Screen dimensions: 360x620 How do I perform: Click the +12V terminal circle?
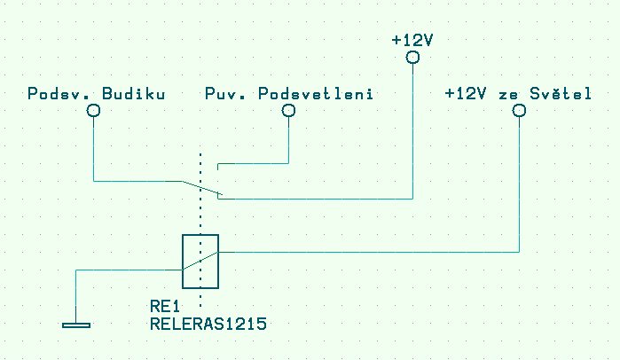pyautogui.click(x=412, y=58)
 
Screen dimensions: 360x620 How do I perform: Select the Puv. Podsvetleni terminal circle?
pyautogui.click(x=288, y=111)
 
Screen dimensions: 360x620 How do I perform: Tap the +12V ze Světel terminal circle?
pyautogui.click(x=519, y=111)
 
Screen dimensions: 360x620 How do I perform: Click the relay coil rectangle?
pyautogui.click(x=200, y=262)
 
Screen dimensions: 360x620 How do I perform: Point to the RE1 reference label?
pyautogui.click(x=164, y=307)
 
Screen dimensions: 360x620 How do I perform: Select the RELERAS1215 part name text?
pyautogui.click(x=208, y=324)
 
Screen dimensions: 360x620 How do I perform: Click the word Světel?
pyautogui.click(x=563, y=93)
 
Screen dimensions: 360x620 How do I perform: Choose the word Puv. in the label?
pyautogui.click(x=220, y=93)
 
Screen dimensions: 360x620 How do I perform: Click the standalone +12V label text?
pyautogui.click(x=412, y=40)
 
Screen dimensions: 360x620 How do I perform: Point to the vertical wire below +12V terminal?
pyautogui.click(x=412, y=133)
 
